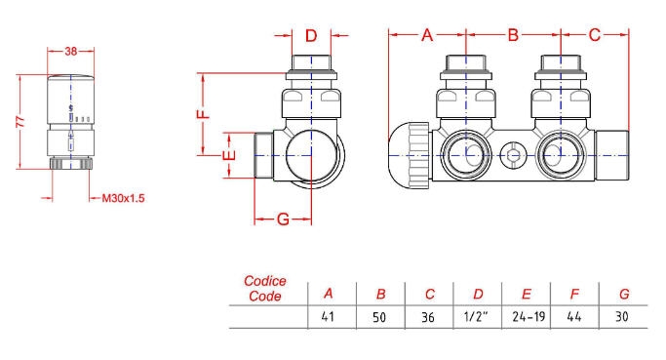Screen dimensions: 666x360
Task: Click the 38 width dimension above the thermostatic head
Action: (x=71, y=51)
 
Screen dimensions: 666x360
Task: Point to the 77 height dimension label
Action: (x=20, y=122)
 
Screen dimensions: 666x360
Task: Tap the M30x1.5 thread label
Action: (x=123, y=198)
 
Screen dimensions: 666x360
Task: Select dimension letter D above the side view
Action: (x=311, y=36)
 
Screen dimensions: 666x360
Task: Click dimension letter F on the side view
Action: (x=204, y=114)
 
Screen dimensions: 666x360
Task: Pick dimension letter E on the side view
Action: (x=229, y=155)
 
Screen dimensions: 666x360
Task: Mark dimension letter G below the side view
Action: (x=283, y=220)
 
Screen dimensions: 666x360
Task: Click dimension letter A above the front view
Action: (x=427, y=35)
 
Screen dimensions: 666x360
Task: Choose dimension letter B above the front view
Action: (x=513, y=35)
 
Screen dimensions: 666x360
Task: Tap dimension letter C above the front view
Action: (x=595, y=35)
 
